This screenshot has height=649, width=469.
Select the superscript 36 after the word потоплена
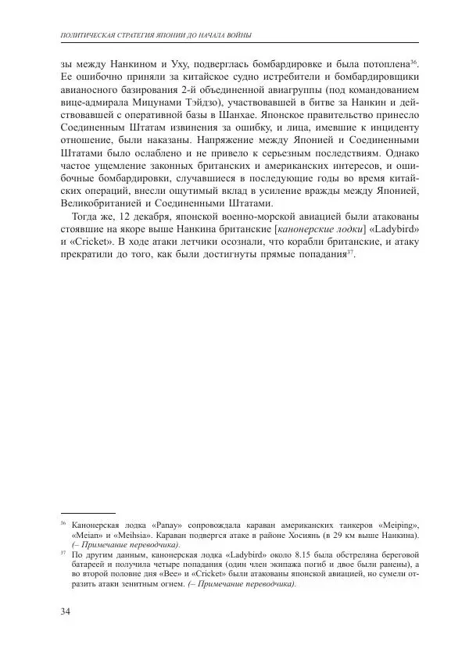(x=415, y=60)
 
